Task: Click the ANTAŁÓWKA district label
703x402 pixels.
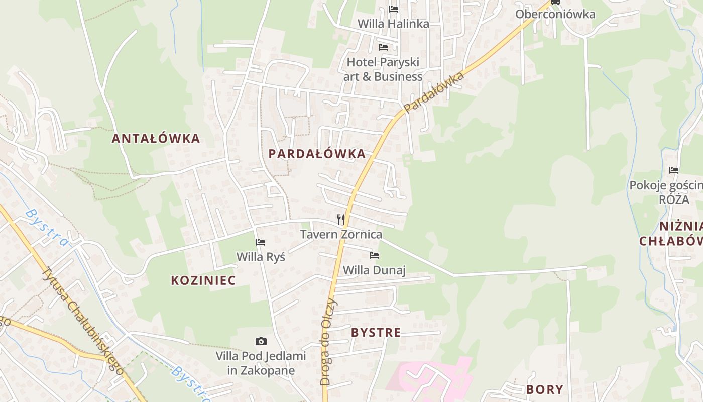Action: [x=156, y=139]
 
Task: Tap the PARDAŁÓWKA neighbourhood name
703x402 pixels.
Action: [x=317, y=154]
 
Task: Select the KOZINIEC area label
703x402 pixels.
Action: [x=203, y=280]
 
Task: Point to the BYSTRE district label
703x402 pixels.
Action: [x=376, y=333]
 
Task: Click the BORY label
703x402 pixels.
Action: [x=544, y=389]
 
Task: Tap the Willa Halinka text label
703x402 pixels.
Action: [x=393, y=24]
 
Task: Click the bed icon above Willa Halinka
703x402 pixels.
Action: [x=394, y=9]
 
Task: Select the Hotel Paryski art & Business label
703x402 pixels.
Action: [x=383, y=69]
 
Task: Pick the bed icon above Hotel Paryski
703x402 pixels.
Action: [x=383, y=47]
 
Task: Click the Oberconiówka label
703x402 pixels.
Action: [x=555, y=14]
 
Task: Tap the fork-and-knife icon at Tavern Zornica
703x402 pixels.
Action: [x=341, y=219]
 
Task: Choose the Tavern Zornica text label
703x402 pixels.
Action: [x=341, y=234]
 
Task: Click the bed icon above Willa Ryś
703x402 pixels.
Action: [x=261, y=242]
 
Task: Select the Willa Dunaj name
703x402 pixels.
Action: [x=374, y=270]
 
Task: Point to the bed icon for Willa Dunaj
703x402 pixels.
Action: [x=374, y=255]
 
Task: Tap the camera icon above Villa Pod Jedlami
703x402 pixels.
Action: [x=261, y=342]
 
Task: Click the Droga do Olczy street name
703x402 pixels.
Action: [x=327, y=342]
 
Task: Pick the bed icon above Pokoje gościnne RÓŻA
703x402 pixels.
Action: [x=674, y=170]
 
